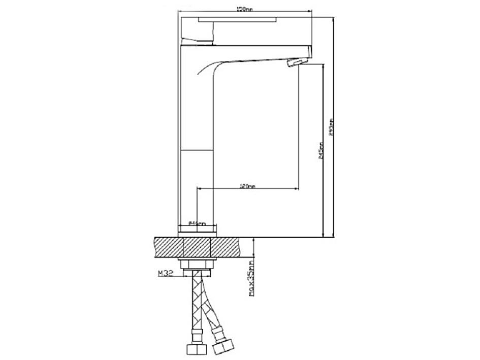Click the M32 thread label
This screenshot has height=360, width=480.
pyautogui.click(x=166, y=273)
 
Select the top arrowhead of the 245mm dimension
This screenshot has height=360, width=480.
pyautogui.click(x=324, y=68)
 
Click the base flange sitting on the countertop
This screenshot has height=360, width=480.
pyautogui.click(x=197, y=233)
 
